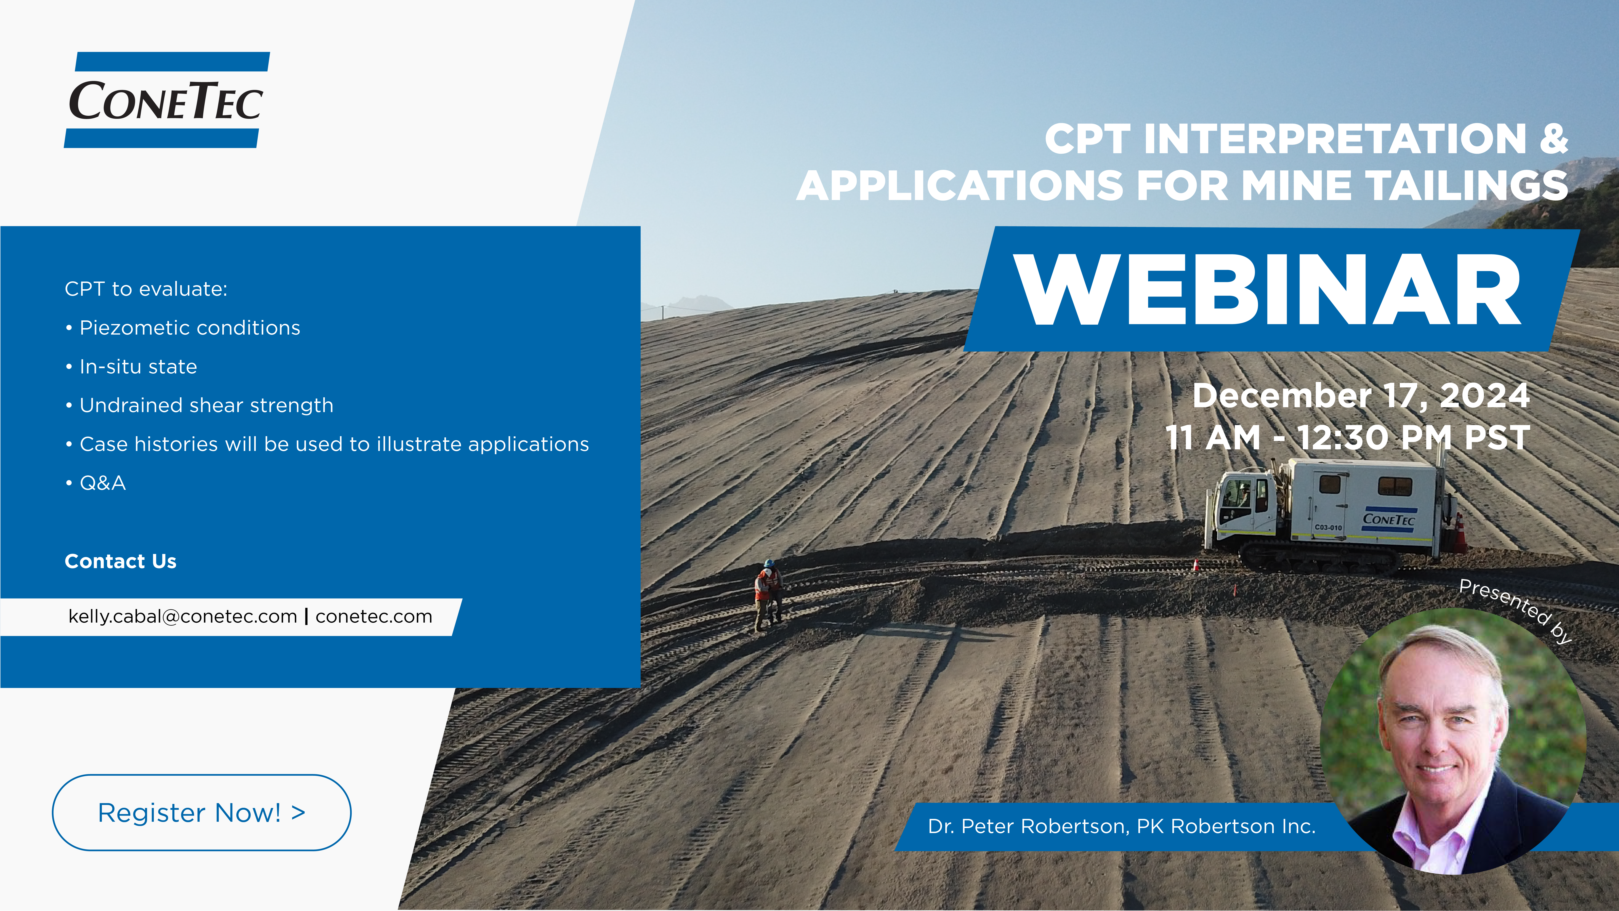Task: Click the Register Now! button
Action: point(201,812)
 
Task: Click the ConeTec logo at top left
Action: point(167,100)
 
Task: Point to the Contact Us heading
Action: point(121,561)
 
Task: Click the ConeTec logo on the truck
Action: point(1388,519)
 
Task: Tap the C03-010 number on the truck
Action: point(1328,527)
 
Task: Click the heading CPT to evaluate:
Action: point(146,289)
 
